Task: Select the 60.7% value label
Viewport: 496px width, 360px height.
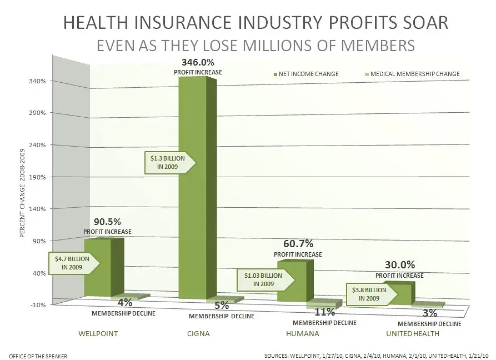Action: pyautogui.click(x=298, y=244)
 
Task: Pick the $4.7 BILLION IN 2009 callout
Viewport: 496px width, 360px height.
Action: pyautogui.click(x=74, y=262)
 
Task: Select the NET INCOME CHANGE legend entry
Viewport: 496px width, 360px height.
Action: pyautogui.click(x=306, y=74)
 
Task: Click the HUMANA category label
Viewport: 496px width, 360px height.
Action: pyautogui.click(x=302, y=334)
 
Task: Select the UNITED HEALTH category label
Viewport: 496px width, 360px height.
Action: pyautogui.click(x=413, y=334)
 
